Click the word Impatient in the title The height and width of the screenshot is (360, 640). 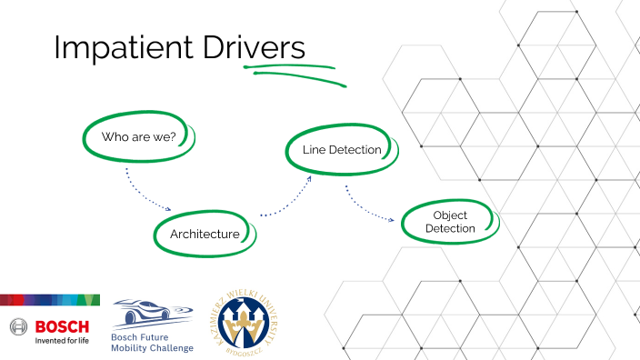113,49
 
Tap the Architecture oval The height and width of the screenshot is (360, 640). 205,235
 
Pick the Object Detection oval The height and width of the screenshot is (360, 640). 450,222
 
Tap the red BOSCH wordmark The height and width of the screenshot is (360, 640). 61,326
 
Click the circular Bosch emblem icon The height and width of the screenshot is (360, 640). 19,326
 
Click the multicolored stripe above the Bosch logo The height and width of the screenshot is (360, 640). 50,300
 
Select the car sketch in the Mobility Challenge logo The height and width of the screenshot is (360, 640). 151,312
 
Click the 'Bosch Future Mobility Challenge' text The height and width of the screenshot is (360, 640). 152,342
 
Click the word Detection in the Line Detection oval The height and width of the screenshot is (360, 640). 354,150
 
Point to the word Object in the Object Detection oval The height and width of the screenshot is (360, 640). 450,215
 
